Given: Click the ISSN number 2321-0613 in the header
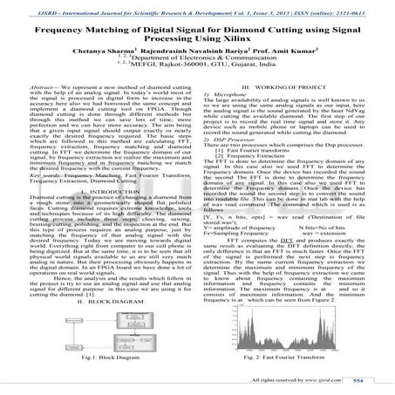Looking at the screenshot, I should (x=365, y=5).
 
